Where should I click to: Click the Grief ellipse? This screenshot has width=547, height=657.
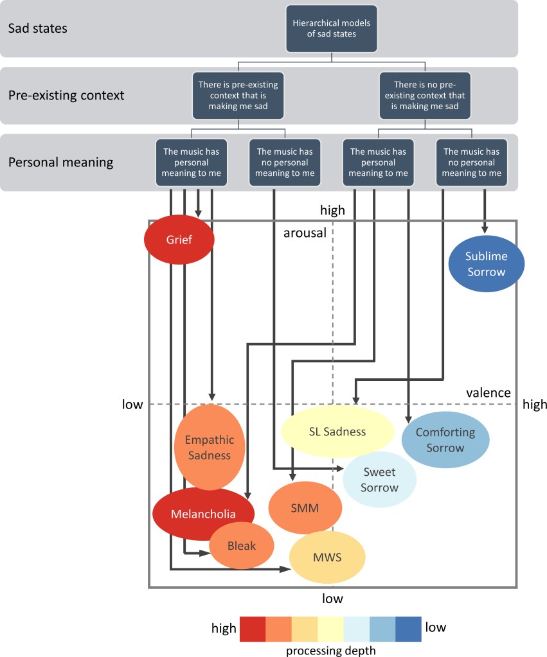(x=179, y=240)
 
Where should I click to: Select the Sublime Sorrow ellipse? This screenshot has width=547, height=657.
(x=487, y=264)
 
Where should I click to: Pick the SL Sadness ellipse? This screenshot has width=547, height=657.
(x=337, y=432)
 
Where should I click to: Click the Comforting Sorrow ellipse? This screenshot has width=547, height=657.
(x=445, y=440)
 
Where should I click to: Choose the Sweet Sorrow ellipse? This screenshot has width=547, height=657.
(x=379, y=480)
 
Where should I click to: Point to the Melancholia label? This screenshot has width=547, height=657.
(x=203, y=514)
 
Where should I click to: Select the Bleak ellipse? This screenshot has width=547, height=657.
(x=242, y=546)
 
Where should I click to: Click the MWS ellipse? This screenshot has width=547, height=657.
(x=327, y=557)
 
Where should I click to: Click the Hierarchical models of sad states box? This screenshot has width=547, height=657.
(x=332, y=29)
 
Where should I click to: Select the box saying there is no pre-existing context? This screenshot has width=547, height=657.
(x=425, y=95)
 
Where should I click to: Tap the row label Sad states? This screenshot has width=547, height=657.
(x=37, y=29)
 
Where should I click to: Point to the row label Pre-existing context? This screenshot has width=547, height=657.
(x=66, y=95)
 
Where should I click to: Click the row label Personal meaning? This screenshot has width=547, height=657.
(x=60, y=162)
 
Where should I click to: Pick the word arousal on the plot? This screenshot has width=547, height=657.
(x=305, y=233)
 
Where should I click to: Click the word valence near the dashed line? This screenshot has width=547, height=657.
(x=489, y=392)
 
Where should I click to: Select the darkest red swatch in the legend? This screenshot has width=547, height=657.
(x=253, y=629)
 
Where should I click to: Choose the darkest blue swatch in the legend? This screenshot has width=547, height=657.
(x=408, y=629)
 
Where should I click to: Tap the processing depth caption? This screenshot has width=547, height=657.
(x=331, y=650)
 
